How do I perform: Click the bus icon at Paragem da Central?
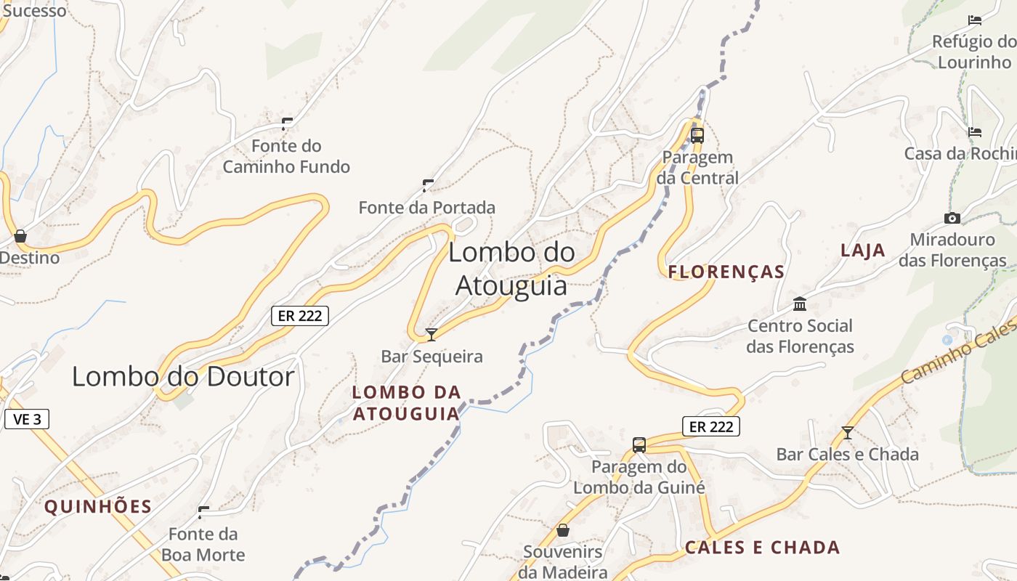(697, 135)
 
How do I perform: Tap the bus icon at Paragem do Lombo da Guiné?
(639, 445)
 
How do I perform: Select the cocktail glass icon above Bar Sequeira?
(431, 335)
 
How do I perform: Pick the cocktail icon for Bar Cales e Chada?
(847, 433)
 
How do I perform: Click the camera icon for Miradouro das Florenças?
(952, 218)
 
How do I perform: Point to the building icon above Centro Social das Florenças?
(800, 304)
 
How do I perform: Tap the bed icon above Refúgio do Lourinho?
(975, 20)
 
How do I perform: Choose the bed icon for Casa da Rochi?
(975, 132)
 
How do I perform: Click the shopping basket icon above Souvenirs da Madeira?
(562, 531)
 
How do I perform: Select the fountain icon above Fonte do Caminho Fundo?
(287, 123)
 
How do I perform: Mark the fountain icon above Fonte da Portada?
(428, 185)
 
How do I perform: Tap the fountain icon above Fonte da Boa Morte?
(203, 513)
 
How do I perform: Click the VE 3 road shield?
(27, 419)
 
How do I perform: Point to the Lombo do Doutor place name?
(183, 376)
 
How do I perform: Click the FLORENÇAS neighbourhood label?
(726, 272)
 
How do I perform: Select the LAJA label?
(863, 251)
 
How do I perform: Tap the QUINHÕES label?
(98, 507)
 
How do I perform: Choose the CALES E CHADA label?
(763, 548)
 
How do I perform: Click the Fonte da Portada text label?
(427, 208)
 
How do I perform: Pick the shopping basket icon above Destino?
(20, 236)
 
